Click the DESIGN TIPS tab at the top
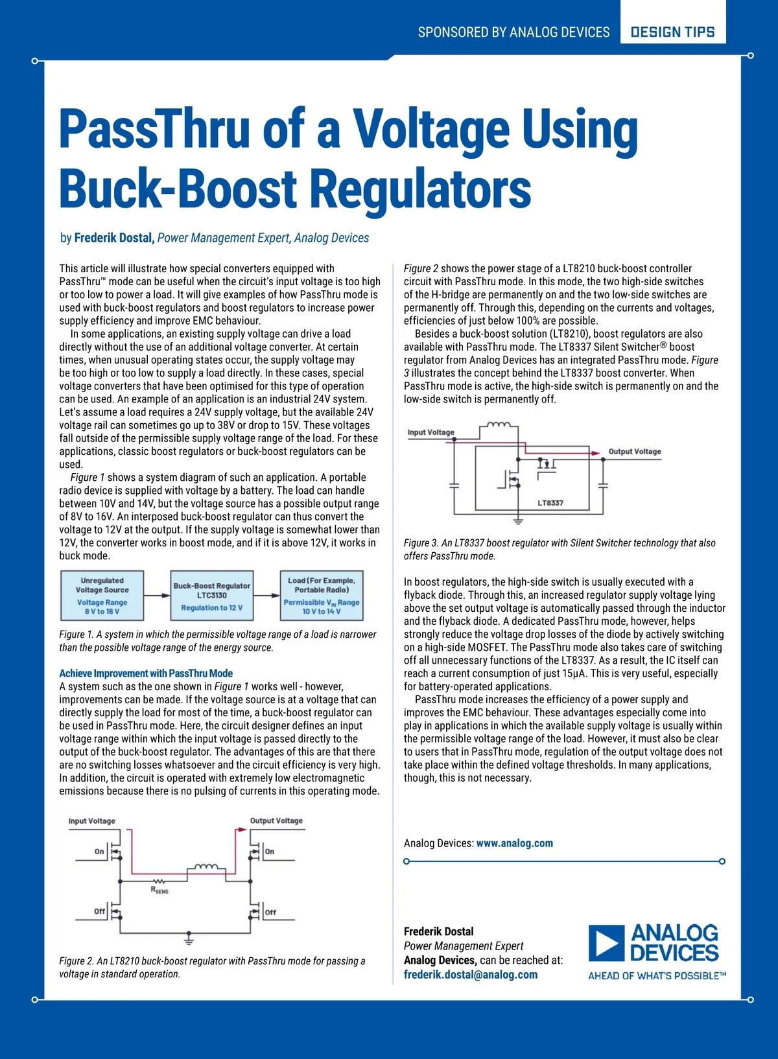click(x=672, y=32)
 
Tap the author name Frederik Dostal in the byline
click(x=114, y=238)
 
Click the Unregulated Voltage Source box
click(x=102, y=596)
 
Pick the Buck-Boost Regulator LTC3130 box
click(x=211, y=596)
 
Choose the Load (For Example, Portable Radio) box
click(x=322, y=596)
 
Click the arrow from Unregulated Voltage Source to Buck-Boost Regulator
click(x=156, y=595)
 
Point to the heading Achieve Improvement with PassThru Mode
click(x=146, y=673)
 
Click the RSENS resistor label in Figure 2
click(x=159, y=890)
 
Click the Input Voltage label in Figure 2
click(x=92, y=820)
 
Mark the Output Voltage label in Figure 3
click(x=634, y=451)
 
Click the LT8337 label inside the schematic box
click(x=550, y=503)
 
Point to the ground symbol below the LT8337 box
click(x=518, y=520)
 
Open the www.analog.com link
click(x=514, y=843)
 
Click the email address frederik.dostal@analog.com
click(x=470, y=974)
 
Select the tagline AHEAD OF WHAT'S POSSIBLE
click(x=656, y=976)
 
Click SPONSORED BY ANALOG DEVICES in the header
click(x=513, y=32)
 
